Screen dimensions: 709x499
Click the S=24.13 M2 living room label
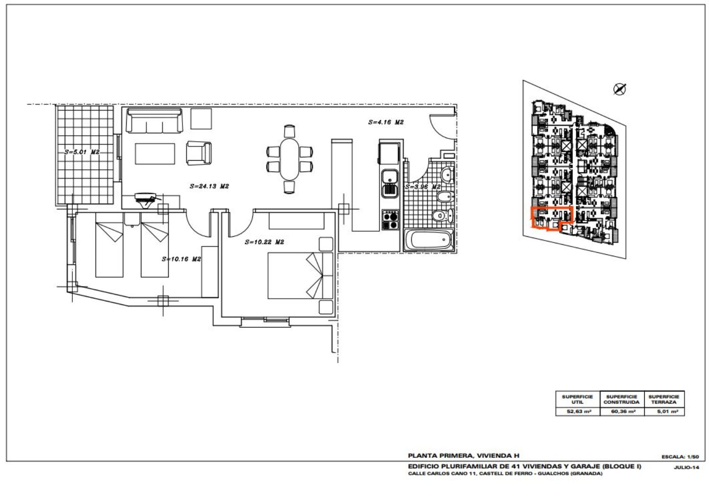(209, 186)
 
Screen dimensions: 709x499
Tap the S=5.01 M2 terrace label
(82, 152)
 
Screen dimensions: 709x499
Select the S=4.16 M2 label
(386, 122)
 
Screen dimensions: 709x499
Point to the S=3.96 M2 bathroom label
(423, 187)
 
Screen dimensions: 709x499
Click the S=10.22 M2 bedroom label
(264, 242)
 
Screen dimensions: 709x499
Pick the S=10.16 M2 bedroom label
(182, 259)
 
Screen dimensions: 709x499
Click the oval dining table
(290, 159)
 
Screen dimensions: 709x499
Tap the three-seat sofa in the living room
(154, 120)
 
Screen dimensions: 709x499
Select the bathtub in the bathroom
(429, 240)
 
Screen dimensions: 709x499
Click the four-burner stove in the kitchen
(390, 220)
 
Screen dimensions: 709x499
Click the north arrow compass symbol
(619, 89)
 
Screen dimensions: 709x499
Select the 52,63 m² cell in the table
(578, 412)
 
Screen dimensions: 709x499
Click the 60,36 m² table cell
(622, 412)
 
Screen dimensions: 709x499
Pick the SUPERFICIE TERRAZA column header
(664, 399)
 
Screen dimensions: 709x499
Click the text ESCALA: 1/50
(680, 456)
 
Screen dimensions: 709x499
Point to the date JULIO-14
(686, 467)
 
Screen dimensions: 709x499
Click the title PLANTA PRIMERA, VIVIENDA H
(464, 456)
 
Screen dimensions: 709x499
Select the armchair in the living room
(199, 153)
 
